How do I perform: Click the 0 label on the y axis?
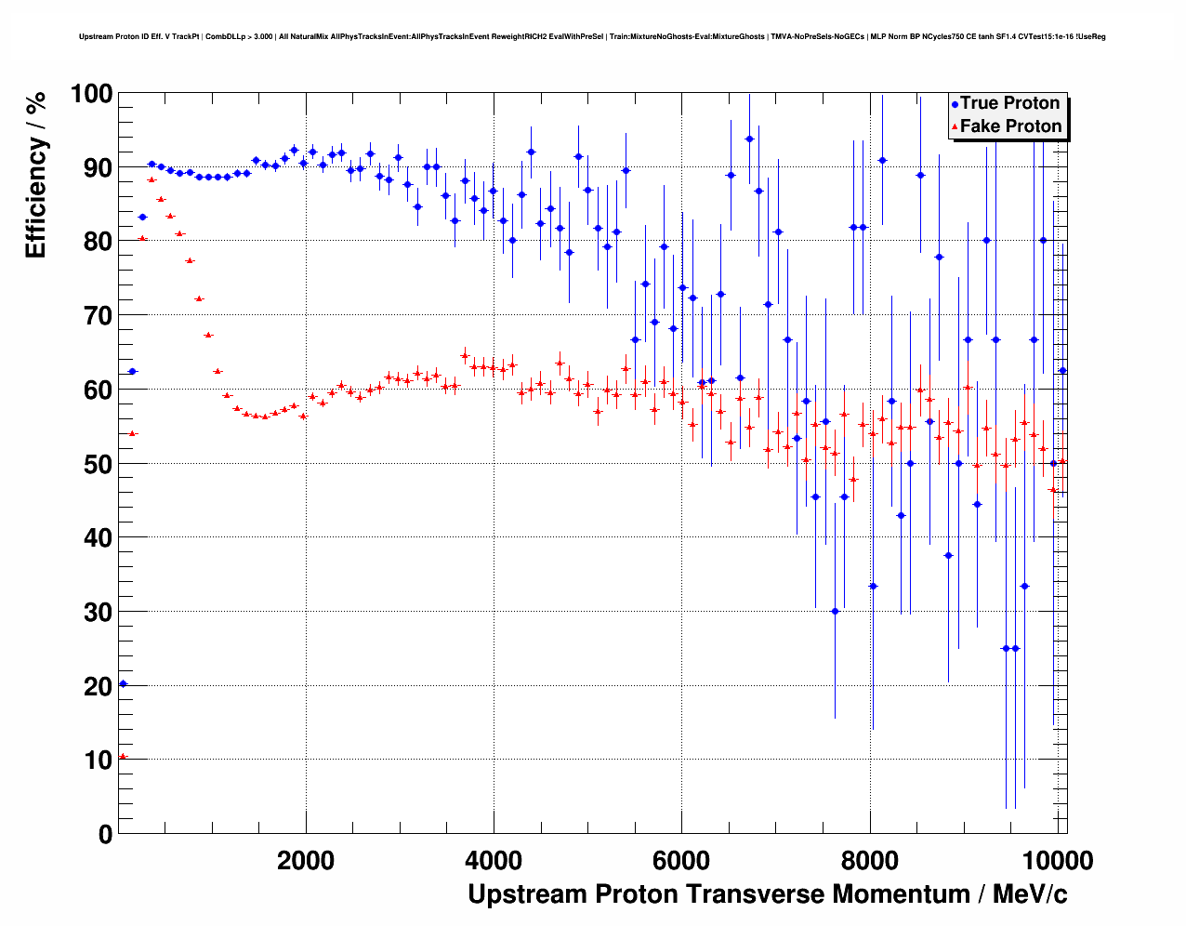[105, 834]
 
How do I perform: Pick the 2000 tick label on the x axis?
[306, 860]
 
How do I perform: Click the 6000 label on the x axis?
[682, 860]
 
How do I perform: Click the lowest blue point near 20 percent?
[123, 684]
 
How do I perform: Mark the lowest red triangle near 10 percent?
[123, 757]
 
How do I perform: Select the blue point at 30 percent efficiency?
[835, 611]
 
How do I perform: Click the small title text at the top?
[592, 37]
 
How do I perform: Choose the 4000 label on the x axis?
[494, 860]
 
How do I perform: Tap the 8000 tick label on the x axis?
[870, 860]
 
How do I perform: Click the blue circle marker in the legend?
[955, 104]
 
